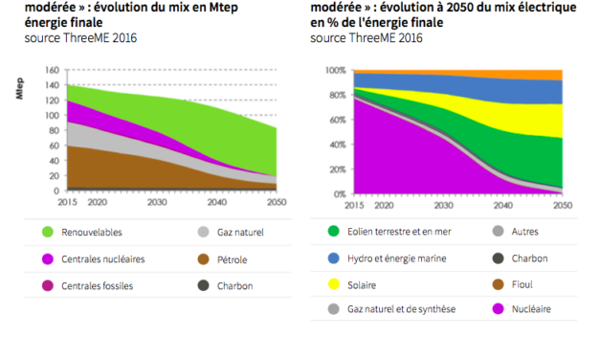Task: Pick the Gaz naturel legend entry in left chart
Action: click(231, 232)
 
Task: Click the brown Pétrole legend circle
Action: click(202, 259)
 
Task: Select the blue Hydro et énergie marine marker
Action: click(333, 258)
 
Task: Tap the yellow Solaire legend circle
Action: click(333, 283)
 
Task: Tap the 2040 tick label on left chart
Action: click(217, 202)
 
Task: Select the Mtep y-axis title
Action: click(18, 93)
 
